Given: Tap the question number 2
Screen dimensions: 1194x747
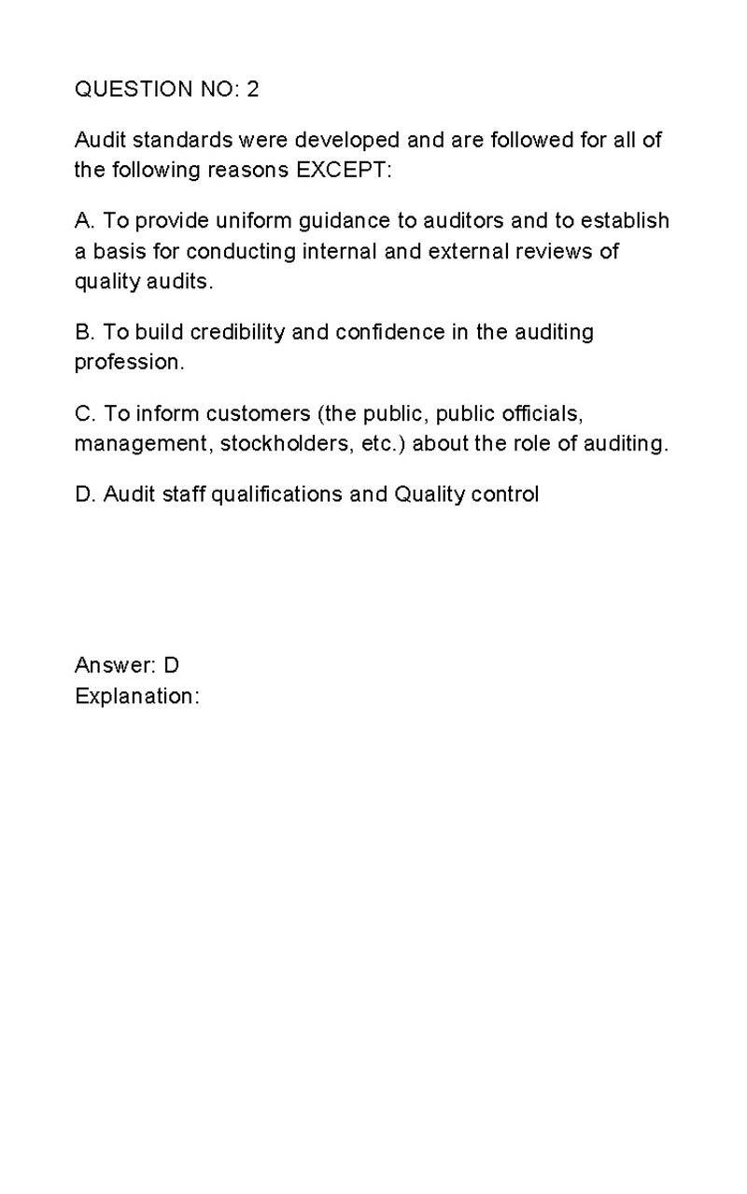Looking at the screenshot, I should [253, 90].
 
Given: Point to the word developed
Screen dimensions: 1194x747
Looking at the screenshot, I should [346, 141].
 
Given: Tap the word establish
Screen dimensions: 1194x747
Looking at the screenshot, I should [625, 221].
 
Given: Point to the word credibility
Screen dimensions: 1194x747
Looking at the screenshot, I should [237, 333].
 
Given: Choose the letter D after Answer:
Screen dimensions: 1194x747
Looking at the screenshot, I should [171, 665].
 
